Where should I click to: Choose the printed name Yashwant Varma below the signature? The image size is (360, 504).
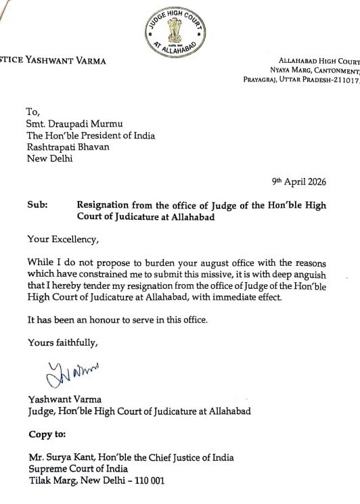[x=65, y=397]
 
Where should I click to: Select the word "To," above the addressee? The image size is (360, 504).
[x=34, y=110]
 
